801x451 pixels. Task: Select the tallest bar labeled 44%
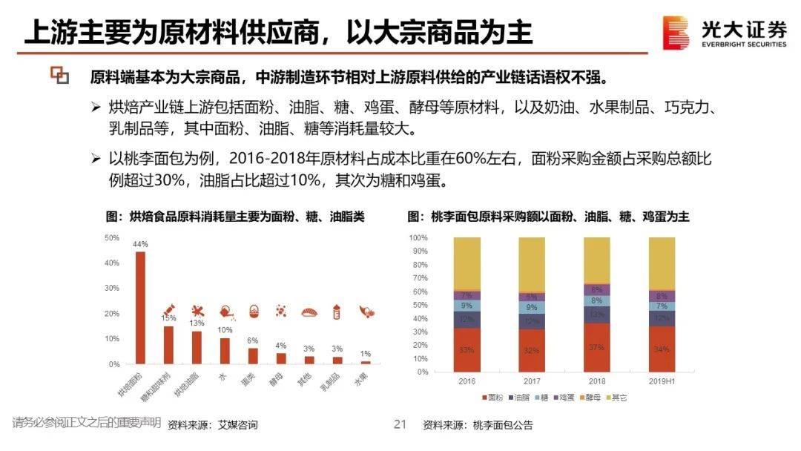(x=140, y=308)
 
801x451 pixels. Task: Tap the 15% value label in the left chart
(x=168, y=318)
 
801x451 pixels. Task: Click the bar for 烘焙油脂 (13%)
(x=197, y=347)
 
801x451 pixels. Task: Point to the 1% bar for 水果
(x=365, y=362)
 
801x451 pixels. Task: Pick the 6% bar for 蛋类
(x=253, y=356)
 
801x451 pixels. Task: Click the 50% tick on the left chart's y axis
(x=113, y=238)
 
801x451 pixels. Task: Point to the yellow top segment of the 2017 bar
(x=533, y=265)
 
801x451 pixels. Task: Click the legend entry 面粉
(x=491, y=398)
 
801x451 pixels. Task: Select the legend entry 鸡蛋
(x=567, y=398)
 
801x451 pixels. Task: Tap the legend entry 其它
(x=619, y=398)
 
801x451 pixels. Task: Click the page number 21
(x=400, y=424)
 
